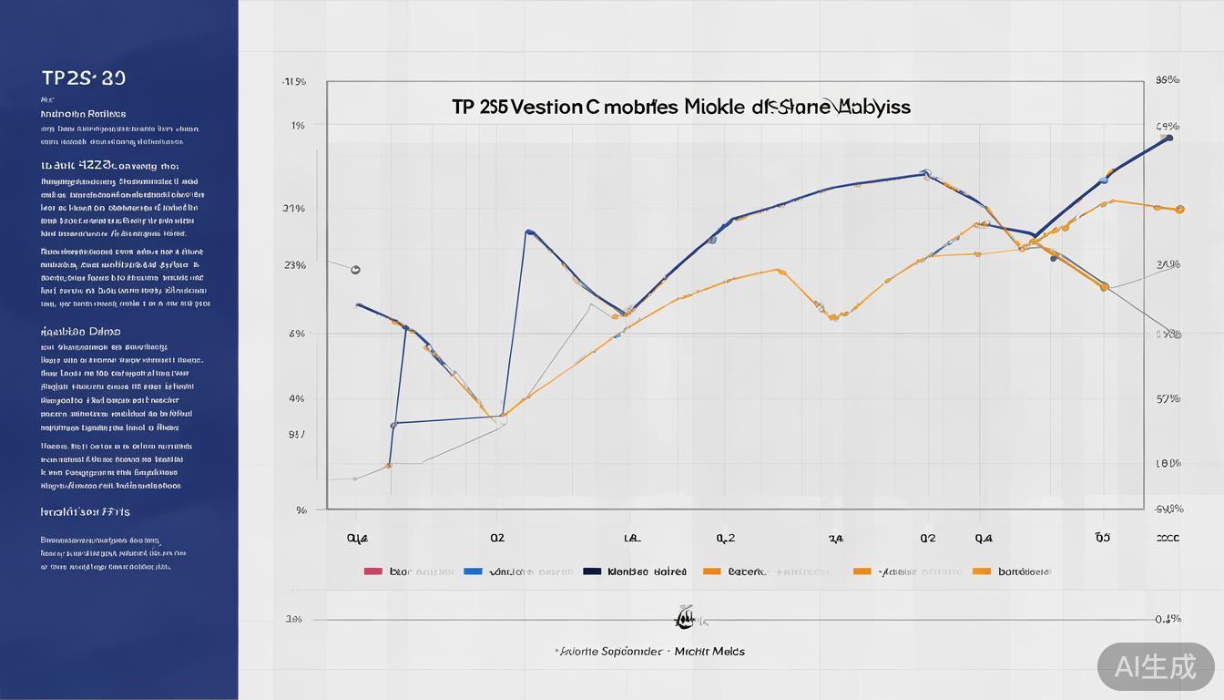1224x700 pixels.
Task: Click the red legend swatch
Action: (372, 571)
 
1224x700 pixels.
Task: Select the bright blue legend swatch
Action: (473, 571)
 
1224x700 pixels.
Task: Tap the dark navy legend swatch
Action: (592, 571)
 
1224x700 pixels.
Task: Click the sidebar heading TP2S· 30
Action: (84, 78)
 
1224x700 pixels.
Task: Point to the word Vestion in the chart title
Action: (546, 107)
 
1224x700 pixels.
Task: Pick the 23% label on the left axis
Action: (294, 265)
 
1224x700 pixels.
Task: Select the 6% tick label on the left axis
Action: (297, 334)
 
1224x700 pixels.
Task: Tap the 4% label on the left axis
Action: (297, 398)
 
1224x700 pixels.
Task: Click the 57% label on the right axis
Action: (1168, 399)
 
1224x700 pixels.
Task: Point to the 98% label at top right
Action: (1168, 80)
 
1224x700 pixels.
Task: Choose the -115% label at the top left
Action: (293, 82)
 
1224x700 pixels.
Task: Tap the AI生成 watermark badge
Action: (1156, 666)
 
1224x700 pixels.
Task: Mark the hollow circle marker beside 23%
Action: (355, 270)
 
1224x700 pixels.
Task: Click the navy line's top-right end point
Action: (1169, 138)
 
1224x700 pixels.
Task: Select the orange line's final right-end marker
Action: (1180, 210)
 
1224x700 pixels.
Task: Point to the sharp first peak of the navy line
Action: (529, 232)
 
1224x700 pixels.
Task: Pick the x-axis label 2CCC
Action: (1168, 539)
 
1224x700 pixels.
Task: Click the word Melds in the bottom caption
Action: (727, 652)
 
